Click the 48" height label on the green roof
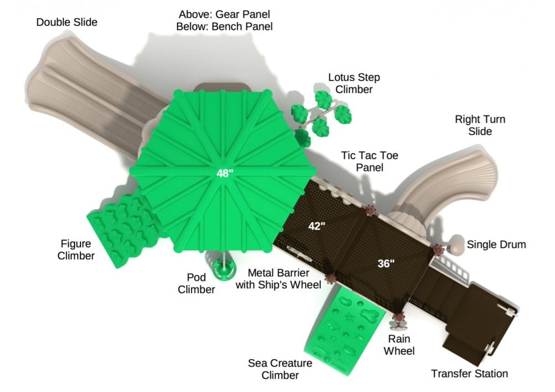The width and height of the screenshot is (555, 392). click(x=225, y=173)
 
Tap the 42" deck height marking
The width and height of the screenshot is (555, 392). click(x=316, y=226)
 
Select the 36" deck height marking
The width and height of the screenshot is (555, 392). click(x=386, y=263)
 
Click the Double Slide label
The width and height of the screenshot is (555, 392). click(x=67, y=22)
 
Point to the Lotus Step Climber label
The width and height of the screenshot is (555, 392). click(x=354, y=83)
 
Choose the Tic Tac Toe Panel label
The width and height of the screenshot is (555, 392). click(x=370, y=161)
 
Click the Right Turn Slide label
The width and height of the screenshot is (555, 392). click(x=480, y=125)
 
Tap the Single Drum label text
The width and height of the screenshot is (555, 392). click(x=496, y=245)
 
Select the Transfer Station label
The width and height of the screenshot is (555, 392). click(x=470, y=374)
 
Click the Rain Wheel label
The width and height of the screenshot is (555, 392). click(x=399, y=345)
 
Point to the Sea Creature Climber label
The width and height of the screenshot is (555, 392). click(x=280, y=369)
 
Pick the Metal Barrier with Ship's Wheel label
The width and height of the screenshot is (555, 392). click(x=279, y=279)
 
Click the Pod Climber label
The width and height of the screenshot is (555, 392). click(x=196, y=283)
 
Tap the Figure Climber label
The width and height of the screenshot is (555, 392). click(x=75, y=250)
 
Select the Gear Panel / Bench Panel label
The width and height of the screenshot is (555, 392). click(x=224, y=21)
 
